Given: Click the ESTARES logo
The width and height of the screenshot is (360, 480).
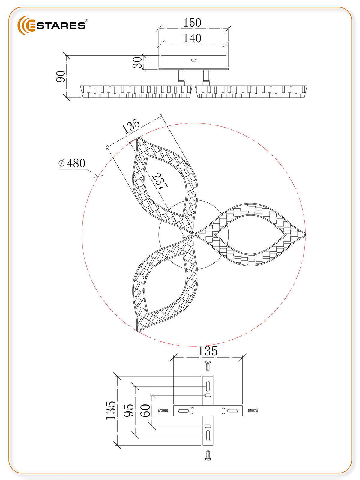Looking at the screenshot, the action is coord(52,25).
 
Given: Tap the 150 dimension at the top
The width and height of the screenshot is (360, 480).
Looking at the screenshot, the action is coord(192,23).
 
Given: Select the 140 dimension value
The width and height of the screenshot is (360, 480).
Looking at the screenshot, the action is coord(192,38).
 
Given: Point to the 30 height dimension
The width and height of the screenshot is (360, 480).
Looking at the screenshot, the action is coord(137,62).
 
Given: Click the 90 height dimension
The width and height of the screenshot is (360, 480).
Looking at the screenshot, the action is coord(61,76).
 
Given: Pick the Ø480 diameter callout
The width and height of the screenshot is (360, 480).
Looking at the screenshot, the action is coord(72,163).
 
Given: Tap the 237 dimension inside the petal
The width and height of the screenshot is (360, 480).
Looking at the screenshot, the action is coord(160,181).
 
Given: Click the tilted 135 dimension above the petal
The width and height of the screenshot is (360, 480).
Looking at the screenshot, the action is coord(131,126).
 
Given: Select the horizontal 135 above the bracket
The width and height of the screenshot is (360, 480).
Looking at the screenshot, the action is coord(208,351).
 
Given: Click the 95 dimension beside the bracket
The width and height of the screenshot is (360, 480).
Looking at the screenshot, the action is coord(128,410).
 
